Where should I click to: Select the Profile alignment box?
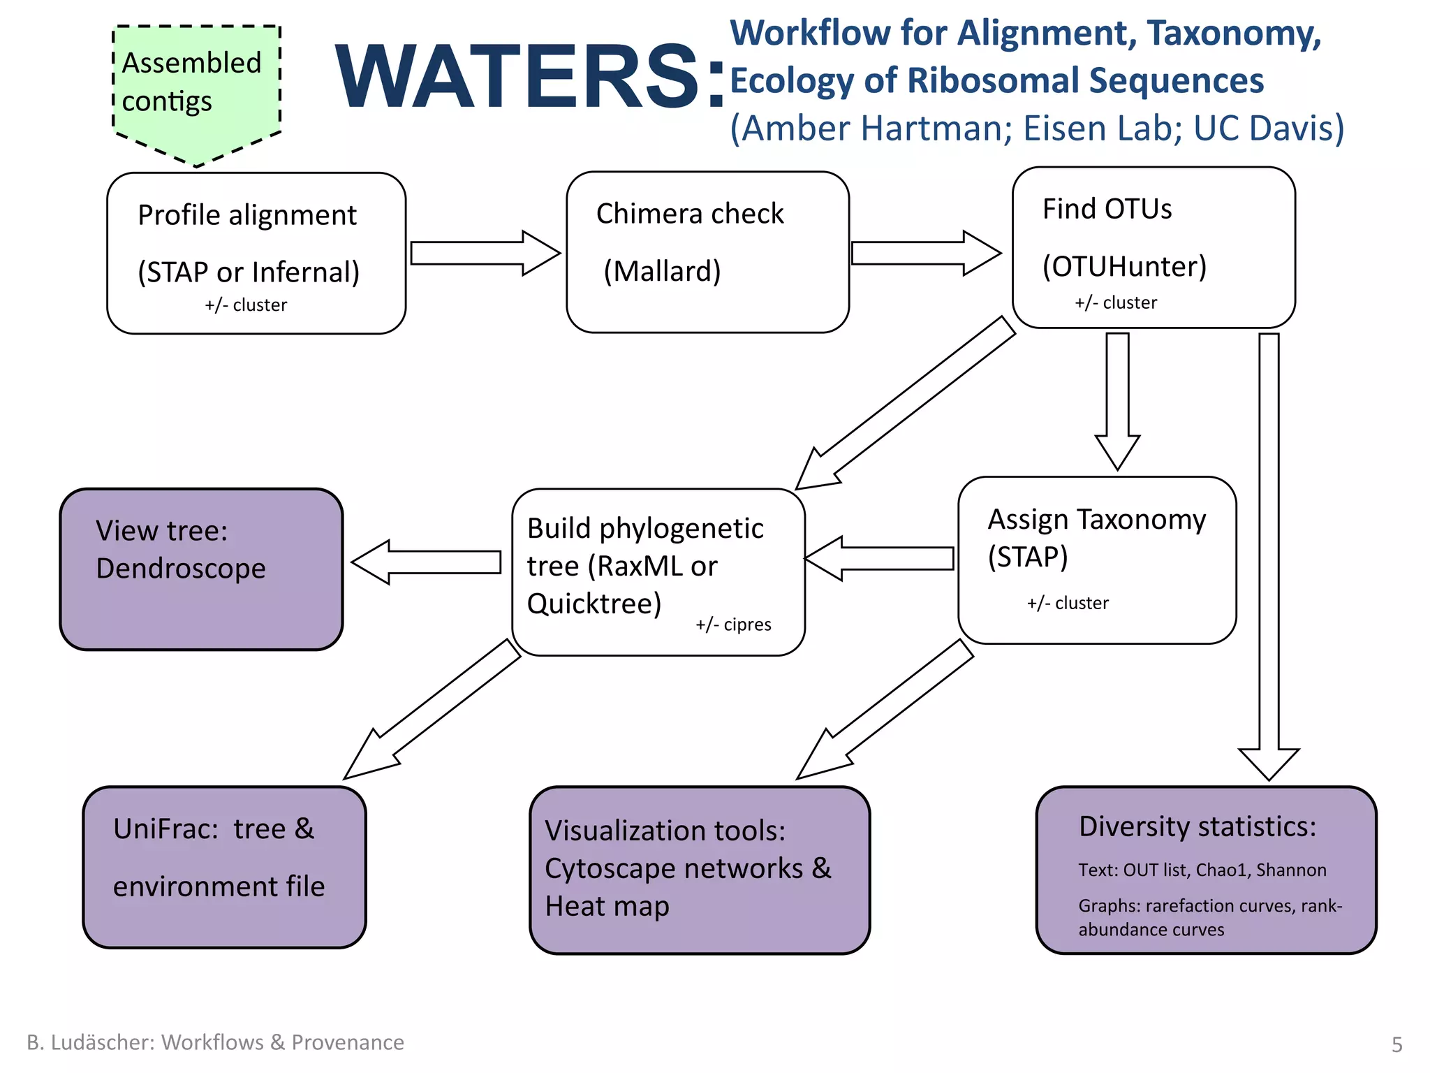pyautogui.click(x=256, y=253)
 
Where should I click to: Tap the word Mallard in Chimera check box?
pyautogui.click(x=662, y=271)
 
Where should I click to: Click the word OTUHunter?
pyautogui.click(x=1124, y=267)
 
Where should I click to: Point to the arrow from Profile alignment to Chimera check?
pyautogui.click(x=485, y=253)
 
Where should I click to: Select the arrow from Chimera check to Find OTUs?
pyautogui.click(x=925, y=253)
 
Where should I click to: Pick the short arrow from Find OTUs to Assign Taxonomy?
pyautogui.click(x=1117, y=398)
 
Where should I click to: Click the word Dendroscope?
pyautogui.click(x=181, y=569)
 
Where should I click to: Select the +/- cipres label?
pyautogui.click(x=733, y=625)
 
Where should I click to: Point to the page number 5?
pyautogui.click(x=1396, y=1044)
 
